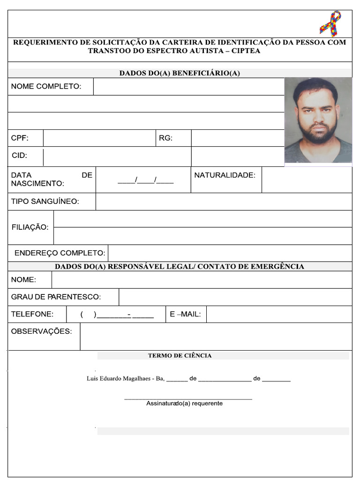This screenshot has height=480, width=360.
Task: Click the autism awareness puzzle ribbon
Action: click(x=330, y=23)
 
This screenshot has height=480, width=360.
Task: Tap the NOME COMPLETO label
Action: click(x=46, y=86)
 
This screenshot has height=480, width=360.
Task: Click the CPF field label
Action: click(x=20, y=138)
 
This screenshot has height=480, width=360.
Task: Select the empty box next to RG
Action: click(x=238, y=138)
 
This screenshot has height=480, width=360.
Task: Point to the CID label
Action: click(x=20, y=156)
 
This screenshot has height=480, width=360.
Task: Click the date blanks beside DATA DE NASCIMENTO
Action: click(x=145, y=180)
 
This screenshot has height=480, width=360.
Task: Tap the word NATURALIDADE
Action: click(x=225, y=175)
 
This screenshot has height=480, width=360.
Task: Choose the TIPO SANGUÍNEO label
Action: click(x=45, y=202)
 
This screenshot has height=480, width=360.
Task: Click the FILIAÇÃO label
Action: click(x=30, y=227)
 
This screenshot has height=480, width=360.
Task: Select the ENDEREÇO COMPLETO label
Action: click(x=60, y=253)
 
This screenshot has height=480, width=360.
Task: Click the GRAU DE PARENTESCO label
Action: click(x=56, y=297)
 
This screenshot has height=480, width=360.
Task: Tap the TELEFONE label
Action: click(x=32, y=314)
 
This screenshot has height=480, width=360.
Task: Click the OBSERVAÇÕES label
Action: click(x=41, y=331)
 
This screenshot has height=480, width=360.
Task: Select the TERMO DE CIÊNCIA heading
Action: click(x=180, y=356)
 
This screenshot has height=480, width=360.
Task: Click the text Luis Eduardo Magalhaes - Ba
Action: click(x=125, y=379)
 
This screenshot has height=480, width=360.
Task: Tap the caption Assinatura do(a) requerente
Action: click(x=184, y=404)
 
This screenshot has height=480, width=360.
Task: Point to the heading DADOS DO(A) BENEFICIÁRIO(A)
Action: click(x=180, y=73)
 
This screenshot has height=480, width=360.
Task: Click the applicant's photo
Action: click(x=318, y=120)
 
